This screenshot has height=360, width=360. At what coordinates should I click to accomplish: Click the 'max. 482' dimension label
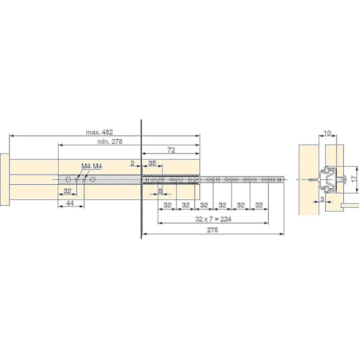[x=100, y=132]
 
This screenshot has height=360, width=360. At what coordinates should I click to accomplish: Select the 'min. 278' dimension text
[x=110, y=142]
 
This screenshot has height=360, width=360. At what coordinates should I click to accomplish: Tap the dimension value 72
[x=171, y=150]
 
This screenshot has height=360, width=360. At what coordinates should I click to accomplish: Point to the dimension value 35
[x=152, y=163]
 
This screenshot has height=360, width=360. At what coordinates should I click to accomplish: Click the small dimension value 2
[x=133, y=163]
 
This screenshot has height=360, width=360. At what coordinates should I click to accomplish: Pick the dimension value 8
[x=160, y=191]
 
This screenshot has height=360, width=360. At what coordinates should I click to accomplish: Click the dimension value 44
[x=70, y=203]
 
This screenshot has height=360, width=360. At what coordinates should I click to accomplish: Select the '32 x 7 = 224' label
[x=213, y=219]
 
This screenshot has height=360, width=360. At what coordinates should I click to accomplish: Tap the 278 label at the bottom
[x=212, y=230]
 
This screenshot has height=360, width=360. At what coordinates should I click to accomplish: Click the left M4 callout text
[x=86, y=166]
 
